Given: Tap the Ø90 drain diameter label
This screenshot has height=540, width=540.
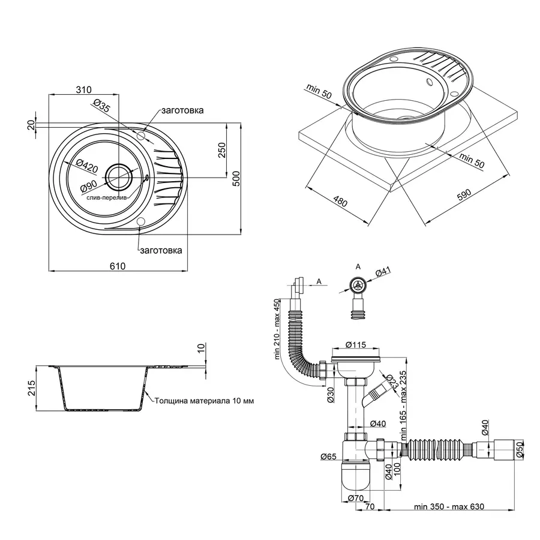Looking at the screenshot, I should (89, 188).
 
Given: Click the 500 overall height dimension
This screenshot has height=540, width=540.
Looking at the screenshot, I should (236, 178).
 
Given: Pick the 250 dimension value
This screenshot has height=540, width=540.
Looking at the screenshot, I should (221, 150).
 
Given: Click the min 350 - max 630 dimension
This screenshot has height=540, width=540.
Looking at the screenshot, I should (448, 507).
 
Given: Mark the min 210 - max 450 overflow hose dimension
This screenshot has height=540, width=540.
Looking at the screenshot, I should (277, 329).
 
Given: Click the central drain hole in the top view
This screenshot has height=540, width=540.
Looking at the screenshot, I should (119, 176).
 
